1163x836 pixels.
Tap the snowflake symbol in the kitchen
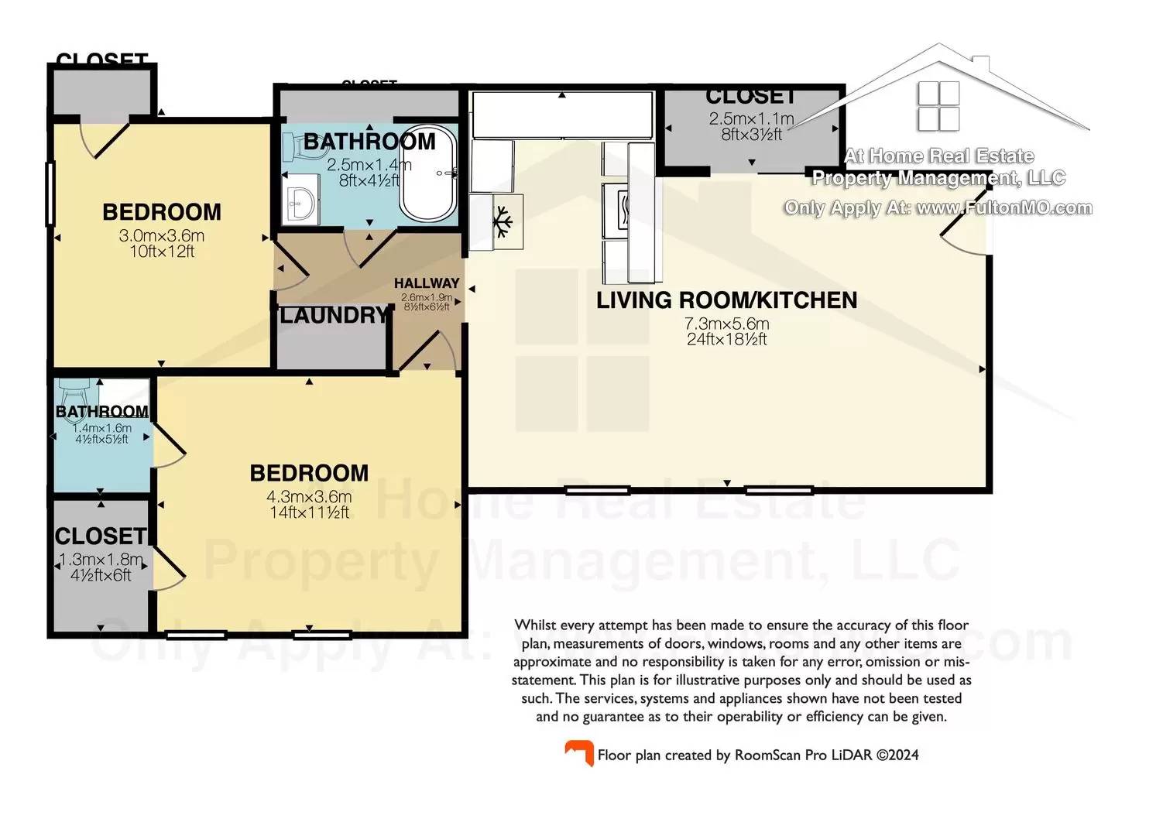click(504, 221)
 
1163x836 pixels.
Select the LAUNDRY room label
click(334, 315)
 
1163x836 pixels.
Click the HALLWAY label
click(427, 283)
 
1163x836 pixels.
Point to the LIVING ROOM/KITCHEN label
click(726, 300)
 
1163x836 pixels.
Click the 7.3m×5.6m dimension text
click(726, 324)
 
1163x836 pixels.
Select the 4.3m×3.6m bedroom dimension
click(309, 497)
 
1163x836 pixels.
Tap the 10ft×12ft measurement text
click(162, 252)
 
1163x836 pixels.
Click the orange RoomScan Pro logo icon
click(578, 753)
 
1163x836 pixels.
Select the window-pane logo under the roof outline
click(938, 106)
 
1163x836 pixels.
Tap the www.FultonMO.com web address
click(1004, 208)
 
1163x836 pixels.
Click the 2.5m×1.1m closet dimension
click(751, 119)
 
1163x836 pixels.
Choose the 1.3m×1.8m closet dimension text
click(101, 560)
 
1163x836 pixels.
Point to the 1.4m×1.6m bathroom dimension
click(101, 428)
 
